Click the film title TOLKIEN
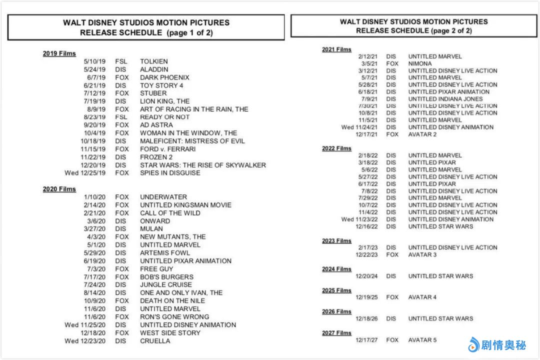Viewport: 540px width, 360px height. pyautogui.click(x=154, y=61)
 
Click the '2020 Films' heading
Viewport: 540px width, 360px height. pyautogui.click(x=59, y=189)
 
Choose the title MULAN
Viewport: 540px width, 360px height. pyautogui.click(x=151, y=229)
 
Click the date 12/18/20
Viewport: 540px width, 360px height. pyautogui.click(x=94, y=333)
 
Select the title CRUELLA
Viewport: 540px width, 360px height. pyautogui.click(x=155, y=341)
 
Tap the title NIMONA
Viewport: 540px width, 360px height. pyautogui.click(x=420, y=64)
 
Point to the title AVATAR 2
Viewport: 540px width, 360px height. pyautogui.click(x=422, y=134)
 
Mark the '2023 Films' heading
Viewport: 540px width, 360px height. pyautogui.click(x=336, y=241)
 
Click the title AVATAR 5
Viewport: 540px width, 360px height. pyautogui.click(x=422, y=340)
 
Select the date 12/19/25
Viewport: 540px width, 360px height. pyautogui.click(x=367, y=297)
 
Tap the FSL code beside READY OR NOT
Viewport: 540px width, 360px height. pyautogui.click(x=121, y=117)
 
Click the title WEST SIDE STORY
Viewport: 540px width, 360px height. pyautogui.click(x=170, y=333)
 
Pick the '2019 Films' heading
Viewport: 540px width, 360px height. pyautogui.click(x=59, y=53)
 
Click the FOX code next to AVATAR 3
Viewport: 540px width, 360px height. pyautogui.click(x=392, y=254)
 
